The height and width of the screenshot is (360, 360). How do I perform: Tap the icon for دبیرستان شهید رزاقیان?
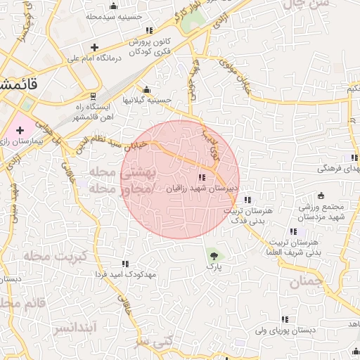pos(202,178)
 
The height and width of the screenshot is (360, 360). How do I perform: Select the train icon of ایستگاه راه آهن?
pos(93,96)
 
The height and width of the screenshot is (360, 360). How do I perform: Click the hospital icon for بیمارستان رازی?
pos(20,130)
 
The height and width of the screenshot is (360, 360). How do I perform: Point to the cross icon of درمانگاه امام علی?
pos(94,48)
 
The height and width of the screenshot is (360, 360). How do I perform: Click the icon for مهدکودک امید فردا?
pos(125,264)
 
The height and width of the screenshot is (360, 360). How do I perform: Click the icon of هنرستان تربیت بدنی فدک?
pos(247,199)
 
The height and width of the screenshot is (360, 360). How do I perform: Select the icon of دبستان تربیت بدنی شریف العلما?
pos(292,231)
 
